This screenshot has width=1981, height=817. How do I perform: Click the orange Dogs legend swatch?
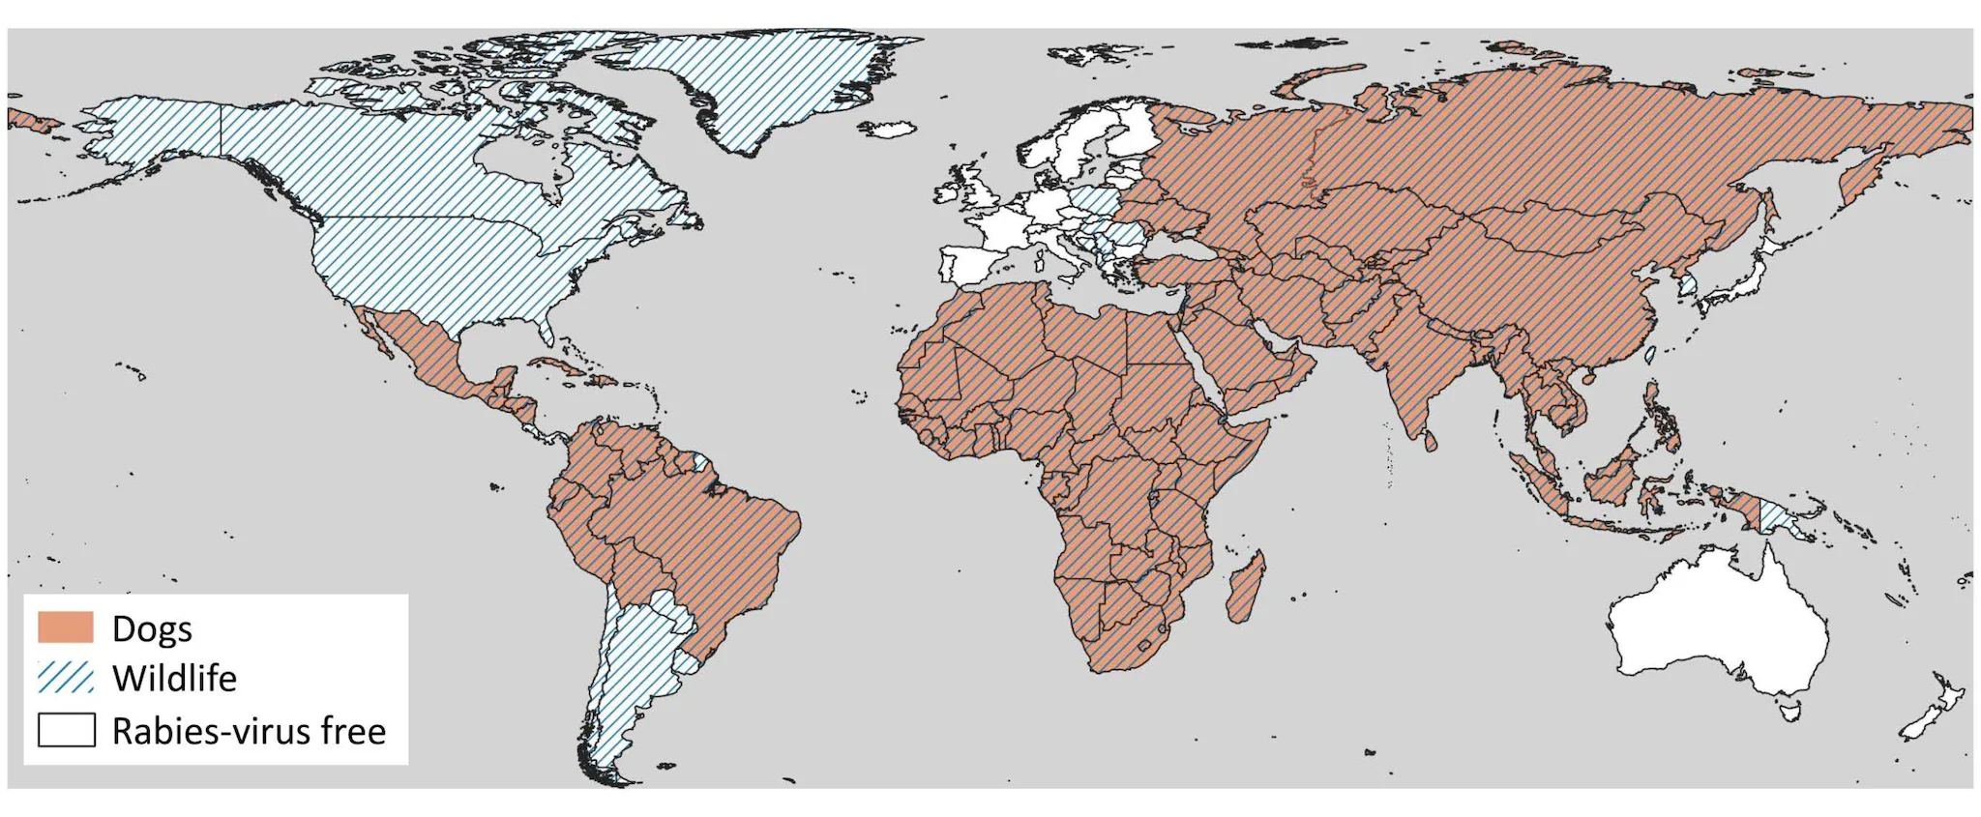point(66,627)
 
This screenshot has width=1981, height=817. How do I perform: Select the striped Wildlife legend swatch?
point(66,678)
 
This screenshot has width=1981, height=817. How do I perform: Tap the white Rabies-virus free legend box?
point(66,730)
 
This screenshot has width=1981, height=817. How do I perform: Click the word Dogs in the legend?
point(152,628)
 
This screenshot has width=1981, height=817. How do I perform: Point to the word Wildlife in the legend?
point(174,679)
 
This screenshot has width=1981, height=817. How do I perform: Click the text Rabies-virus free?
point(249,731)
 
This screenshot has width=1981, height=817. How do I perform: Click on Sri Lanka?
point(1431,441)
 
